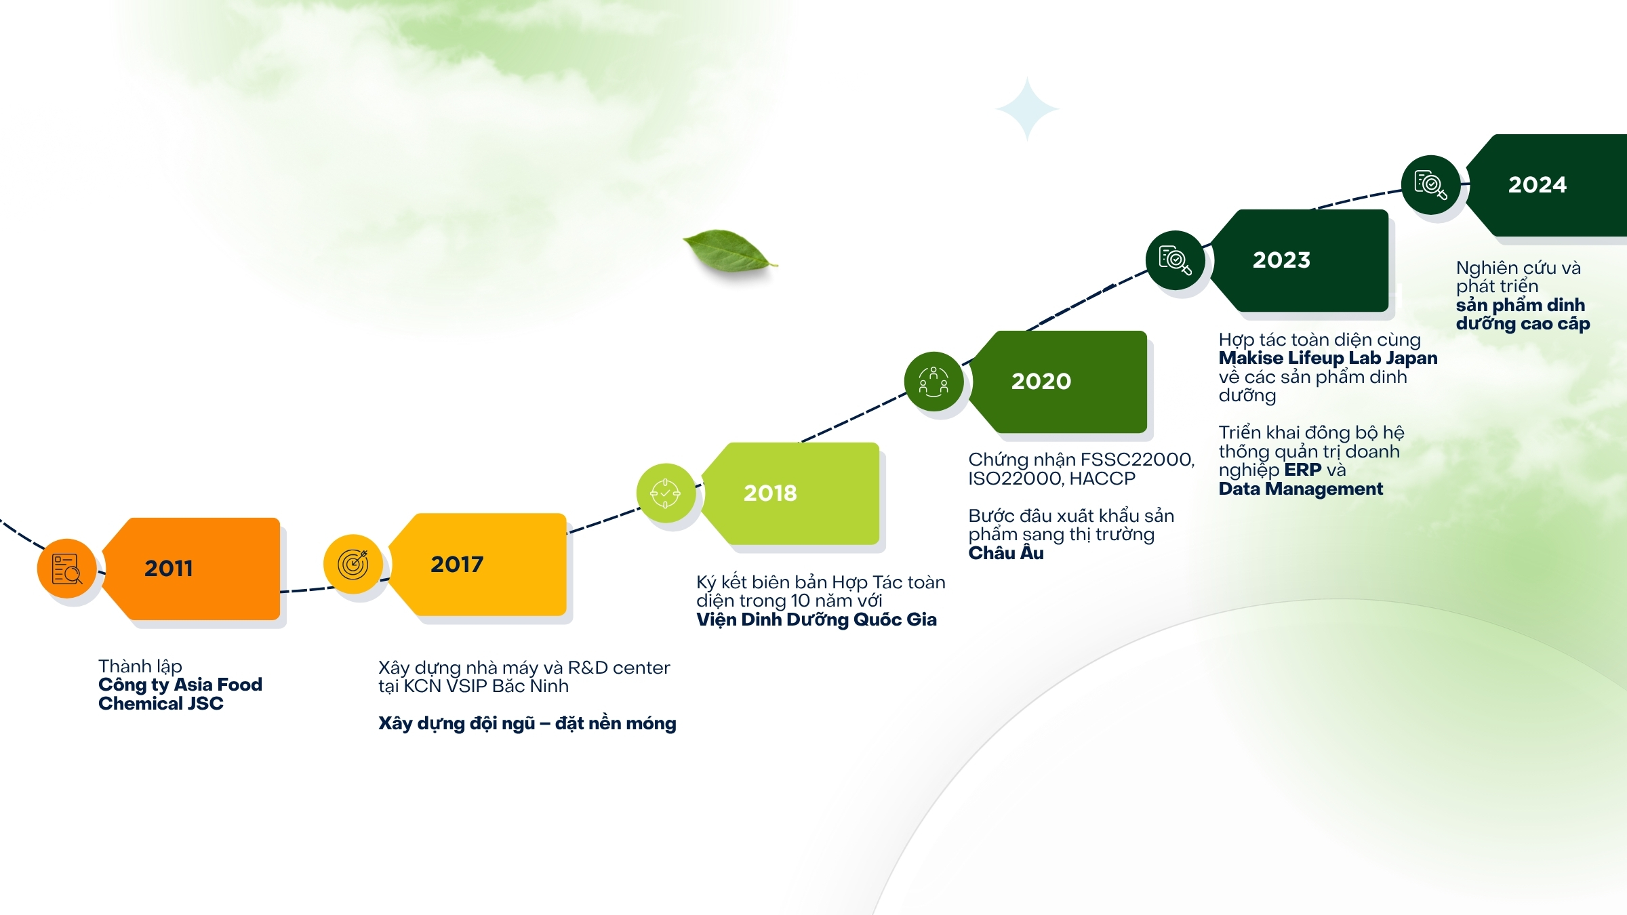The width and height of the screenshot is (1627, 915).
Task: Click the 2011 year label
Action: (169, 568)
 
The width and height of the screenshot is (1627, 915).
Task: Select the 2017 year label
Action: (457, 564)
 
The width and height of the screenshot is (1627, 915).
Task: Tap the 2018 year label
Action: (770, 493)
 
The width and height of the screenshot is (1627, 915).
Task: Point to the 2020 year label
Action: (1041, 381)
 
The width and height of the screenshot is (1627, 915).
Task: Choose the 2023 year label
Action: (1281, 260)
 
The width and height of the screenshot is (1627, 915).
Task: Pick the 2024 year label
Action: (1538, 184)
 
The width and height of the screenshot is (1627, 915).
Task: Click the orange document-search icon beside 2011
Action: (67, 569)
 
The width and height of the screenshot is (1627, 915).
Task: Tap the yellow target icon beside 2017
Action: (353, 565)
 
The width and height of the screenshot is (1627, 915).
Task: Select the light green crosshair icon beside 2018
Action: (666, 493)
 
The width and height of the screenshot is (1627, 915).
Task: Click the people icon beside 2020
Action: (933, 382)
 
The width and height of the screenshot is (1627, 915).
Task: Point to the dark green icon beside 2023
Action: (1175, 260)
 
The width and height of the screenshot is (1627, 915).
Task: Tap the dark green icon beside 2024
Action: (1431, 185)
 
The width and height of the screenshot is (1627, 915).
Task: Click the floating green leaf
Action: (729, 251)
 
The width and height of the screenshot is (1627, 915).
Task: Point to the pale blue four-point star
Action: (1027, 108)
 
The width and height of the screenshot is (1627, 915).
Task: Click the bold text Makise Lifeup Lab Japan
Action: (1328, 358)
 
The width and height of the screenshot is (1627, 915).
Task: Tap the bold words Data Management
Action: (1301, 489)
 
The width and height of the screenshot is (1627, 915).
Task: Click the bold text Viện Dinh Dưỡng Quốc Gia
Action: (817, 619)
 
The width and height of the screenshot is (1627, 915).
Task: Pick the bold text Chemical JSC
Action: (161, 704)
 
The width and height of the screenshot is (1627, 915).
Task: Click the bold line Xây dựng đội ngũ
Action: (457, 724)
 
